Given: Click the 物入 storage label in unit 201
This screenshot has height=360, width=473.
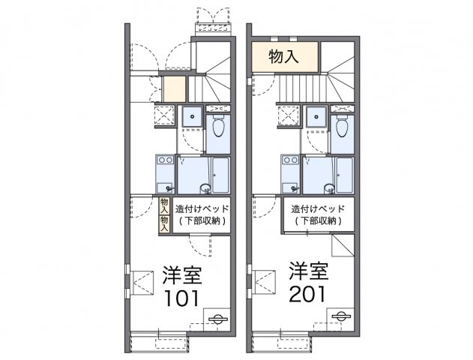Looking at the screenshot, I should click(x=285, y=56).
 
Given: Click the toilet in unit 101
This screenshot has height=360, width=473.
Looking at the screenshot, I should click(x=219, y=127).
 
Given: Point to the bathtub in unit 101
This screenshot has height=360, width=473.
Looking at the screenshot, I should click(x=220, y=175).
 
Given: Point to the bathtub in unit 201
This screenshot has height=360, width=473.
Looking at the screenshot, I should click(x=345, y=175).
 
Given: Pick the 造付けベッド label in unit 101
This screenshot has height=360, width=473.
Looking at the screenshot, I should click(x=202, y=208).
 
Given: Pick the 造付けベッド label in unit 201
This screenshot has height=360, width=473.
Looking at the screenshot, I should click(x=319, y=208).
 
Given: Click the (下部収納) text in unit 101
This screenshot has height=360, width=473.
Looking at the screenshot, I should click(x=201, y=221).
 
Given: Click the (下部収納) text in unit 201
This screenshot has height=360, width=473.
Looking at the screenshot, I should click(x=319, y=221).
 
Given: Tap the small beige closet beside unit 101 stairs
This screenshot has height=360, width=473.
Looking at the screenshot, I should click(x=174, y=88).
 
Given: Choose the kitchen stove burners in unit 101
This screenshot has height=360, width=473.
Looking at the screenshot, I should click(x=165, y=160).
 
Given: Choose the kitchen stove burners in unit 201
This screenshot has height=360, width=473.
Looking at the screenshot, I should click(x=289, y=160).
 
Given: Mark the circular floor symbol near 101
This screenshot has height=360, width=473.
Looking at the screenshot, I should click(x=217, y=318).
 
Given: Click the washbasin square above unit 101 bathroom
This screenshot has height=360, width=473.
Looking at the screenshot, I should click(x=192, y=116).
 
